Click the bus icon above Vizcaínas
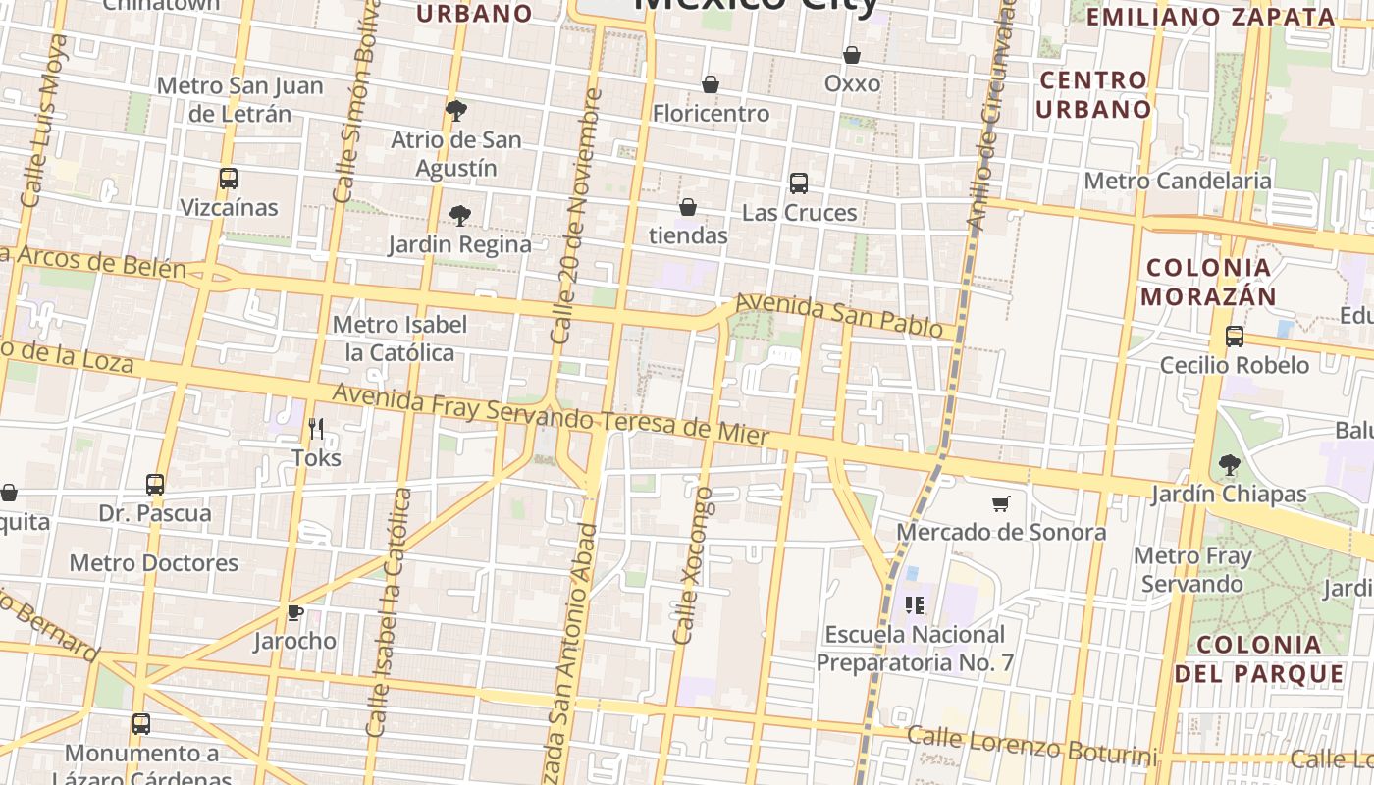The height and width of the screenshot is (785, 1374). coord(229,179)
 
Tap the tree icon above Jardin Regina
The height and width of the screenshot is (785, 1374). coord(459,216)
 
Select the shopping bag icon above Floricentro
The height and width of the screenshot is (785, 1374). coord(711,85)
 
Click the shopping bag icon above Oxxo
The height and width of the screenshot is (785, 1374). coord(852,55)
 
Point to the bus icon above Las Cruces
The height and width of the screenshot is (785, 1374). coord(799,183)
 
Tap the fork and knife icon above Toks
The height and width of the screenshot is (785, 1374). coord(316,429)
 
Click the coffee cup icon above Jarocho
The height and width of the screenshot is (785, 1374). coord(294,613)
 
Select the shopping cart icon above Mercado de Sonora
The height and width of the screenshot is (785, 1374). coord(1001,504)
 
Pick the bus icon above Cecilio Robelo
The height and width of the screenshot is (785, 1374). coord(1235,337)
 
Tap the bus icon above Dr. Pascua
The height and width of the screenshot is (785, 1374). coord(155,485)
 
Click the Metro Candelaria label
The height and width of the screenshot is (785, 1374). coord(1178,182)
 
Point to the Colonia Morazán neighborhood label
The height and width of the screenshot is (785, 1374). coord(1209,282)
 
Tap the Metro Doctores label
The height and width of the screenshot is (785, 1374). coord(154,563)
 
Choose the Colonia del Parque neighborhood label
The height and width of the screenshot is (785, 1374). coord(1259,658)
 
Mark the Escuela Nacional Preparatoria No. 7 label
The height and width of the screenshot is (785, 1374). coord(915,649)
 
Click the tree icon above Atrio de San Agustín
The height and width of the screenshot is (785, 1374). coord(455,110)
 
